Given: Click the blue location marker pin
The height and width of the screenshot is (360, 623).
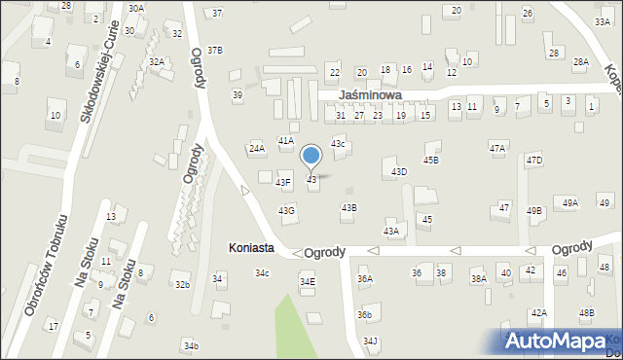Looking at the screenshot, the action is click(311, 157).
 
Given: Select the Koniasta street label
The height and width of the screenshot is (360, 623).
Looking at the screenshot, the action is click(250, 248).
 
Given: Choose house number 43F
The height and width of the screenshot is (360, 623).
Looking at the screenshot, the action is click(283, 182).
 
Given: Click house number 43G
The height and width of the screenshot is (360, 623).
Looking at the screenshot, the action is click(286, 210).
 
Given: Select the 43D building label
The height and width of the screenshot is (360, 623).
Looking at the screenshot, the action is click(399, 171).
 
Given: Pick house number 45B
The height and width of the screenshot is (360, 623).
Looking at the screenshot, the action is click(430, 160).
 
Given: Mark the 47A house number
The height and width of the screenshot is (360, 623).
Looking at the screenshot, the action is click(497, 148).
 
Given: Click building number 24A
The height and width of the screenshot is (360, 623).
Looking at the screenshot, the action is click(257, 148).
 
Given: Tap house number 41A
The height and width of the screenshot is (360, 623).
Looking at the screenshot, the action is click(286, 140).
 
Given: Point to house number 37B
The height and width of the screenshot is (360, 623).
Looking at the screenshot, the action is click(215, 50).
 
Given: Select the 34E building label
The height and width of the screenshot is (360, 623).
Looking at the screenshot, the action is click(307, 281).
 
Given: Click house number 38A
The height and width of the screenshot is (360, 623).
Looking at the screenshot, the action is click(479, 278).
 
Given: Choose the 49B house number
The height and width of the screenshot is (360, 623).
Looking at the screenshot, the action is click(534, 210).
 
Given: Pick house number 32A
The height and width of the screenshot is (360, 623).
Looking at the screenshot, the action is click(157, 61).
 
